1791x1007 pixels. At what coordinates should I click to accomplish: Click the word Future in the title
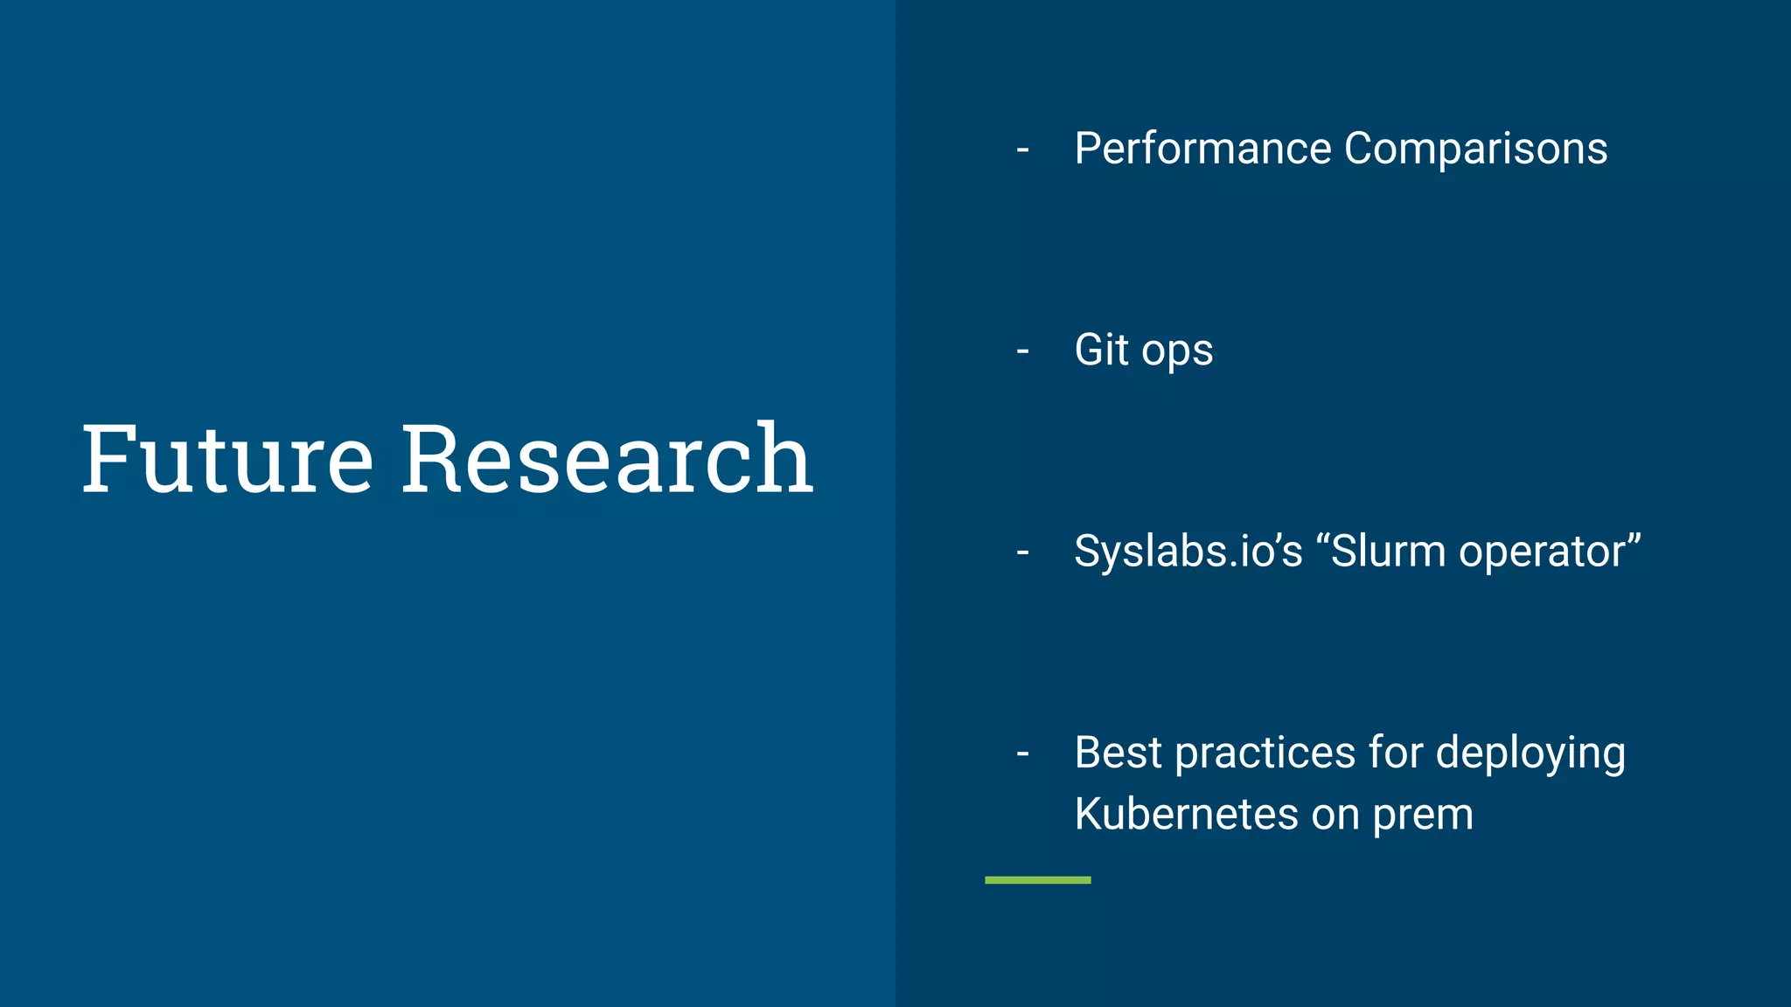(227, 459)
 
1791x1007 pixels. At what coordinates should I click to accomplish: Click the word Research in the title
(607, 459)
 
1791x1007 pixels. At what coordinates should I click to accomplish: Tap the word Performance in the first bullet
(1202, 149)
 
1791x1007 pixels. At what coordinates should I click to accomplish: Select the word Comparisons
(1475, 149)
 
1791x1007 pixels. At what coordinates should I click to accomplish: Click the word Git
(1101, 350)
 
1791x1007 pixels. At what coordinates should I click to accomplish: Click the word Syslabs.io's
(1188, 552)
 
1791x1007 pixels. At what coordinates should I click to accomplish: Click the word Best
(1117, 753)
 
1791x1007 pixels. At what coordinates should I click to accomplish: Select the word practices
(1265, 754)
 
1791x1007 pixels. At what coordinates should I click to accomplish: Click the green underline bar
(1037, 880)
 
